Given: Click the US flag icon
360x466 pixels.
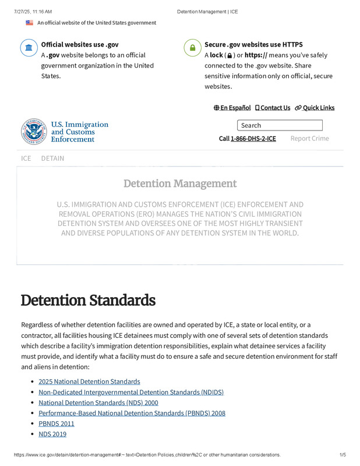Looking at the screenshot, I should coord(29,23).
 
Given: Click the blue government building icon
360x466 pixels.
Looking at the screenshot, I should coord(29,48).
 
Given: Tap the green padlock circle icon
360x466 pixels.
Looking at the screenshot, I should coord(192,48).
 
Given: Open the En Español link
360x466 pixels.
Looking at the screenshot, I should coord(232,108).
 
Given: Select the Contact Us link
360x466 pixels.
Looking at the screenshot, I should coord(273,108).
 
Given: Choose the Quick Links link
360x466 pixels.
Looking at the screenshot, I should coord(315,108).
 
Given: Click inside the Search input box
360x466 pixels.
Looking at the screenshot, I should coord(280,125).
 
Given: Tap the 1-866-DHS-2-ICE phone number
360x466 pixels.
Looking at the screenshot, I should coord(253,139).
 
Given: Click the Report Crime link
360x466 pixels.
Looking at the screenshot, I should coord(309,139).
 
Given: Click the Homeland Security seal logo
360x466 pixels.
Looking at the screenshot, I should coord(33,131).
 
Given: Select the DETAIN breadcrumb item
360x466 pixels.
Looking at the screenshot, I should coord(52,158).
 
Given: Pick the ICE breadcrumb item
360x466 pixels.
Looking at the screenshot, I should coord(26,158).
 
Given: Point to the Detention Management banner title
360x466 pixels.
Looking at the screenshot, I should coord(180,184).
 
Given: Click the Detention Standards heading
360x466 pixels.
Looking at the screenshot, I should coord(88,301).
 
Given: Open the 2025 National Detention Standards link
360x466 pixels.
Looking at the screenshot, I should coord(89,382).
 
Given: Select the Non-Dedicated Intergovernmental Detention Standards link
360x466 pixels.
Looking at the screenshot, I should coord(131,392).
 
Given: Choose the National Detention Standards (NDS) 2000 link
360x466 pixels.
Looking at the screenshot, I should coord(98,403).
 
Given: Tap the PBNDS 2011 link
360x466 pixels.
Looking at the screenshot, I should coord(57,423).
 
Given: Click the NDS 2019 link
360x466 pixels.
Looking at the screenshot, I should coord(52,434).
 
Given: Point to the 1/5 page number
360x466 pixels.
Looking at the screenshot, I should coord(343,454).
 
